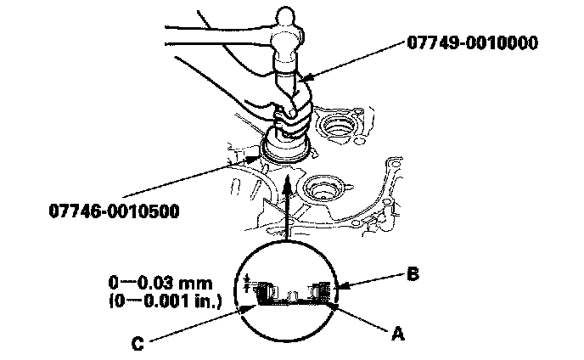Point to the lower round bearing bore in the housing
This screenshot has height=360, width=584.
pyautogui.click(x=324, y=188)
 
